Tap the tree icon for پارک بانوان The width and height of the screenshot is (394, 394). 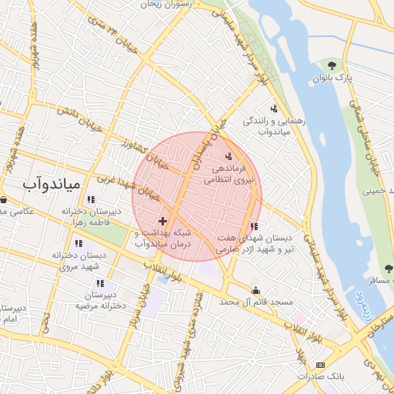[332, 65]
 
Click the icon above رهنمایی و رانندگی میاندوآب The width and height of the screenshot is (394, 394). [273, 109]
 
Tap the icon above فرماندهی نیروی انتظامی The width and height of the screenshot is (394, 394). [227, 156]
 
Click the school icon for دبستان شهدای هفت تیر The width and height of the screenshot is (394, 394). [254, 226]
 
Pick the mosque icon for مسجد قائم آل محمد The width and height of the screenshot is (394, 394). [255, 290]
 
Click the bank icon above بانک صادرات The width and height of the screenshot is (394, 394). [321, 364]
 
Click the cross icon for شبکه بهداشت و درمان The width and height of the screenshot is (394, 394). [162, 221]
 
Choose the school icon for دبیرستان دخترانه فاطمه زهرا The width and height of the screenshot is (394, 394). [92, 200]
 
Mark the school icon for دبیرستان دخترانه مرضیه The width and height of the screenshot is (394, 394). [100, 283]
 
